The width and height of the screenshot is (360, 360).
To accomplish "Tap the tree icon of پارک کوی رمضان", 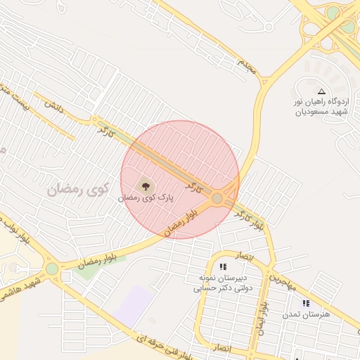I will coord(146,186).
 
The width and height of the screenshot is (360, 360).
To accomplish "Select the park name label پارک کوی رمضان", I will coord(146,199).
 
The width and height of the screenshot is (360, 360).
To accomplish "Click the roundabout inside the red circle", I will coord(217,199).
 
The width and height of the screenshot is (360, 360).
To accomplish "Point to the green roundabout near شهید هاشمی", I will coord(52,268).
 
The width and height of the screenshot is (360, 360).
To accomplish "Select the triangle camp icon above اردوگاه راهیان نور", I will coord(322,91).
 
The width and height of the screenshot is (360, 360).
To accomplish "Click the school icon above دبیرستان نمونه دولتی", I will coord(223,267).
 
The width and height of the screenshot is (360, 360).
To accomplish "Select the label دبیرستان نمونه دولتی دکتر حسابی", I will coord(223,283).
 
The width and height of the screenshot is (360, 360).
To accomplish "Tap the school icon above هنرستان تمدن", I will coord(305,303).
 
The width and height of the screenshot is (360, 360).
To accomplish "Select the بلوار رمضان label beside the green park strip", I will coord(96,259).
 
